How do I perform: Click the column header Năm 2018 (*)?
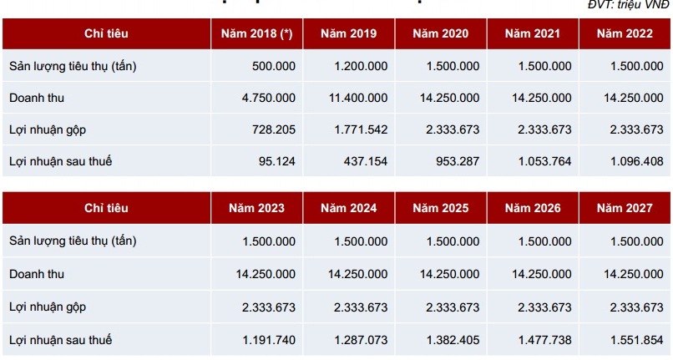click(256, 33)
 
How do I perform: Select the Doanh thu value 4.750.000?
click(268, 98)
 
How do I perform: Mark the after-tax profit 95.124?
click(277, 160)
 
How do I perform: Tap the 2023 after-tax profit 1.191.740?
click(268, 340)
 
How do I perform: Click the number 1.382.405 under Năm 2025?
click(452, 340)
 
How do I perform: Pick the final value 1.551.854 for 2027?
click(636, 340)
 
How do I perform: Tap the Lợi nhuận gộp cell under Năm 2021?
click(544, 129)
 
